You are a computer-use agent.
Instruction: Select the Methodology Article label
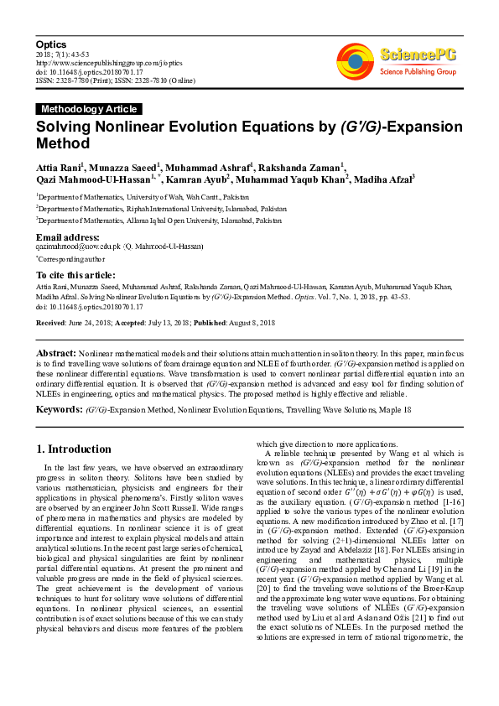89,109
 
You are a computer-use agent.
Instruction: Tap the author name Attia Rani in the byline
56,166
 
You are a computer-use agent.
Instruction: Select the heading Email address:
68,238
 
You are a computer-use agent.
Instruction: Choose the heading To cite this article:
75,275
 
